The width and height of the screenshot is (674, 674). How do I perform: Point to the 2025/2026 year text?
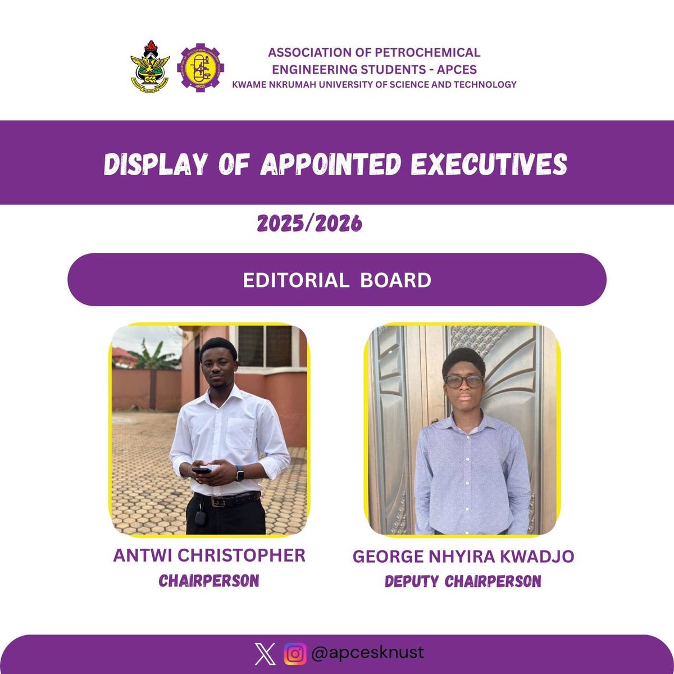309,224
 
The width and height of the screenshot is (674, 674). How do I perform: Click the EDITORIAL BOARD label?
337,280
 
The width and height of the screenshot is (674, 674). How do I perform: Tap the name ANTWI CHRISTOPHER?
210,556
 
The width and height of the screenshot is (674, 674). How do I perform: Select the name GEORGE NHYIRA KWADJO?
463,557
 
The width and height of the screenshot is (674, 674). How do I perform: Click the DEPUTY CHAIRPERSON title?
463,581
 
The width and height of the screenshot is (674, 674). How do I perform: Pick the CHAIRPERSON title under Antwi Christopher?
209,581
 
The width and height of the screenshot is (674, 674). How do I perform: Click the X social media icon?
265,654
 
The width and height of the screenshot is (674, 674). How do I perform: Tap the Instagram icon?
295,654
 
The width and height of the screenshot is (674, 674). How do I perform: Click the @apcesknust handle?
367,653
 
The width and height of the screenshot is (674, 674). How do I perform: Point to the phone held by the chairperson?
202,470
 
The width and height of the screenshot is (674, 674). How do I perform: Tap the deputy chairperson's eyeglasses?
464,381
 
